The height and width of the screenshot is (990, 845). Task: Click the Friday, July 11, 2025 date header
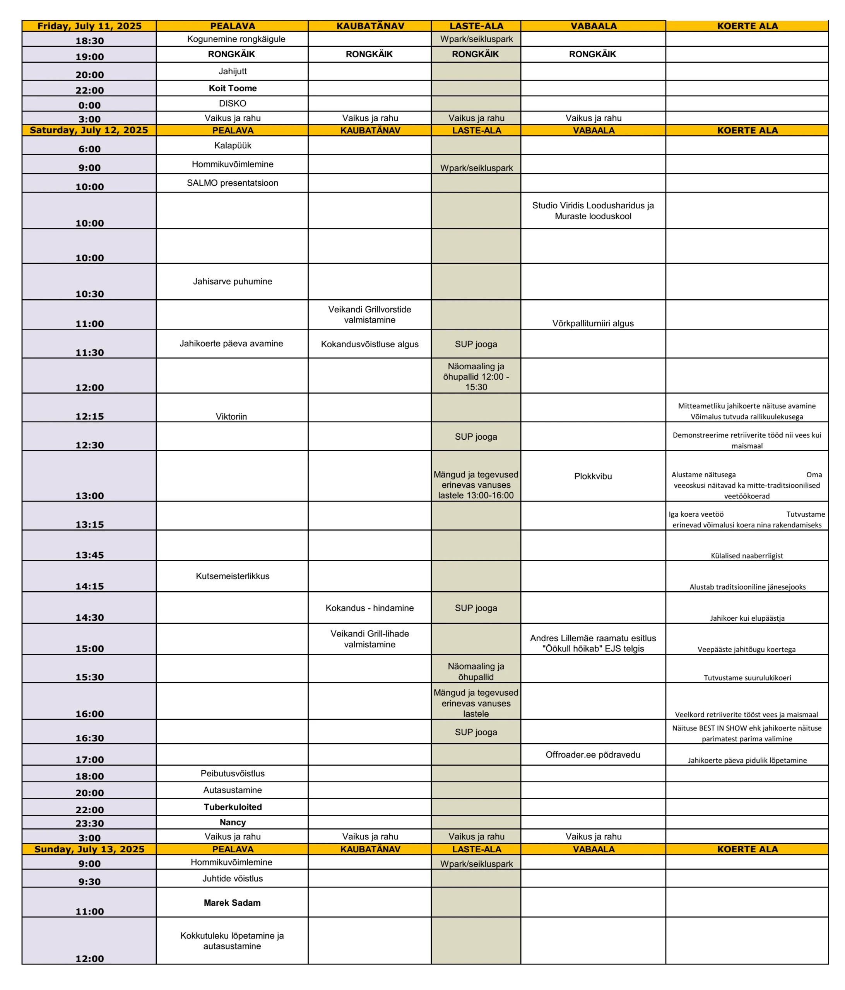pyautogui.click(x=89, y=26)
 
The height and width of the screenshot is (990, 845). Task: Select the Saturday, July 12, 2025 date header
pyautogui.click(x=89, y=130)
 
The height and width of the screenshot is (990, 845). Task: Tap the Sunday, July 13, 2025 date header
pyautogui.click(x=89, y=849)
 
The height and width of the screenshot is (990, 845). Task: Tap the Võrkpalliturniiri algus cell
pyautogui.click(x=593, y=323)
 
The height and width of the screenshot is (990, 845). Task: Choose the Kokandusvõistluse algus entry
pyautogui.click(x=369, y=344)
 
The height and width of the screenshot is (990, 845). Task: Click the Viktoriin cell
pyautogui.click(x=231, y=416)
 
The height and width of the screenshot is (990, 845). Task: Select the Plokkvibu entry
pyautogui.click(x=593, y=476)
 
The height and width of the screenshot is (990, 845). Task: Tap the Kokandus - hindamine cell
pyautogui.click(x=369, y=608)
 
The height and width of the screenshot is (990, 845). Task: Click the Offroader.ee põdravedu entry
pyautogui.click(x=593, y=754)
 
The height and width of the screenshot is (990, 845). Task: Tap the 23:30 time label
pyautogui.click(x=89, y=823)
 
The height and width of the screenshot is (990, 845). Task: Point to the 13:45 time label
pyautogui.click(x=89, y=555)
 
